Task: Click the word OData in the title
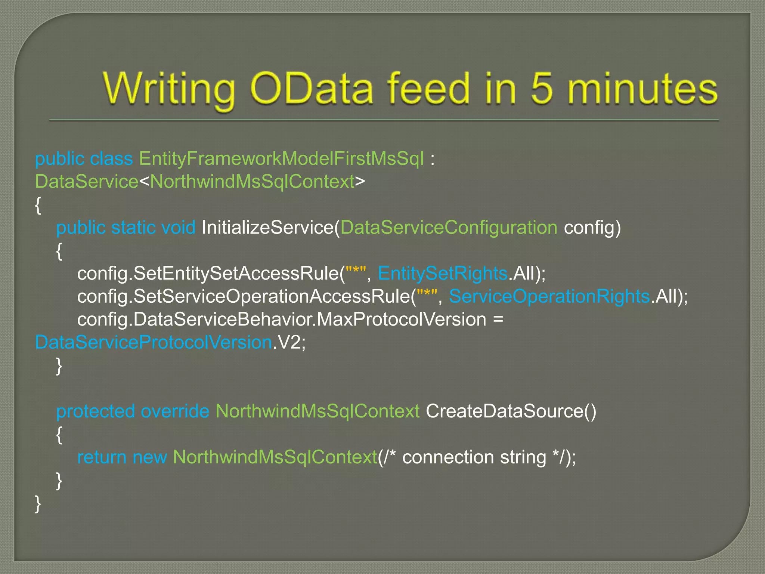[311, 89]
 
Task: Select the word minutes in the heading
[642, 89]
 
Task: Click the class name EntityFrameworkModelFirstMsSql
[281, 159]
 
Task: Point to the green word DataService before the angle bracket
[87, 182]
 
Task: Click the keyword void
[178, 228]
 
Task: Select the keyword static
[133, 228]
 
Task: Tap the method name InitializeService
[268, 228]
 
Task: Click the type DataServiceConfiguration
[449, 228]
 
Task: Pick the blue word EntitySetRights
[443, 274]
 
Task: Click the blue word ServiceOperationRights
[549, 297]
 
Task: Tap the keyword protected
[95, 411]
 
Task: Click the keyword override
[175, 411]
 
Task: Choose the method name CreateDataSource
[504, 411]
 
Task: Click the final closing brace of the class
[38, 504]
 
